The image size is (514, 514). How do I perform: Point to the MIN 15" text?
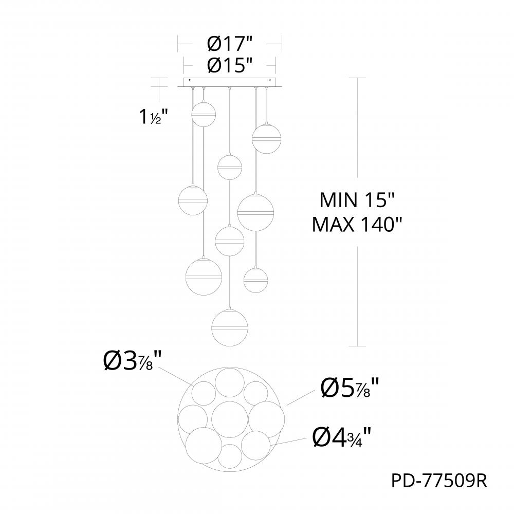coord(356,200)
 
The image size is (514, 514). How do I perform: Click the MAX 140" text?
coord(356,225)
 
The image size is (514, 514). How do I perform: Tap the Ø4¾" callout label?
coord(342,438)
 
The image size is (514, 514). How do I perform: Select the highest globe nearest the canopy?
coord(204,114)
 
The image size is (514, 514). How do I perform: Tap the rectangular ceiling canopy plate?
coord(230,82)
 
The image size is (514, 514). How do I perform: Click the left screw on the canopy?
coord(190,80)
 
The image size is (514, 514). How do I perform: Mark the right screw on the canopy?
coord(270,80)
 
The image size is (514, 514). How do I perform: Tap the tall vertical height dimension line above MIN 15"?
coord(358,128)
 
